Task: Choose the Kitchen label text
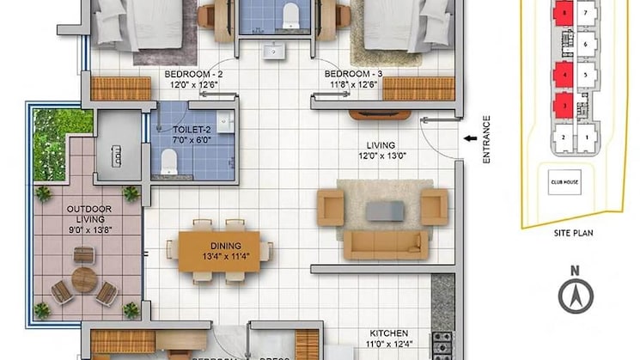[388, 333]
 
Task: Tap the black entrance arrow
[469, 137]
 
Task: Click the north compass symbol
[576, 296]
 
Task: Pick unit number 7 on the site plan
[586, 14]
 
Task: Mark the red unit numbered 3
[563, 107]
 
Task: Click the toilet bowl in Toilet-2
[168, 159]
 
